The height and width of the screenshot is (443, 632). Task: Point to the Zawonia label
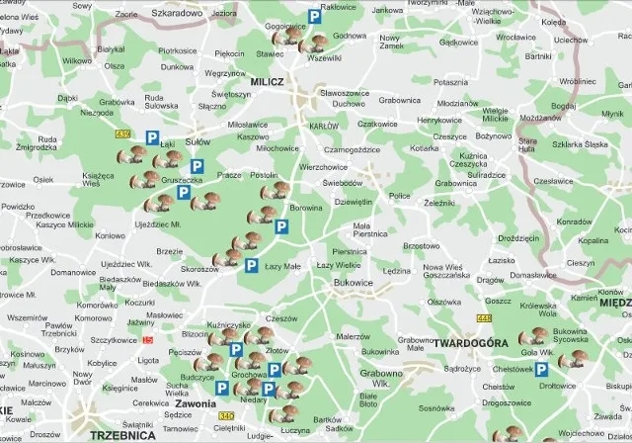tap(195, 403)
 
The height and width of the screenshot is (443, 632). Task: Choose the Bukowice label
tap(354, 281)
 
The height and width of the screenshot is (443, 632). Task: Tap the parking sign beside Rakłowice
tap(315, 16)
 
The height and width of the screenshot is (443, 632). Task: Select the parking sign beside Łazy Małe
tap(252, 265)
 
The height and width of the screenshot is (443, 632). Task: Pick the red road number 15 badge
tap(148, 339)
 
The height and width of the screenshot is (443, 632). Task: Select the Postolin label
tap(265, 174)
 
